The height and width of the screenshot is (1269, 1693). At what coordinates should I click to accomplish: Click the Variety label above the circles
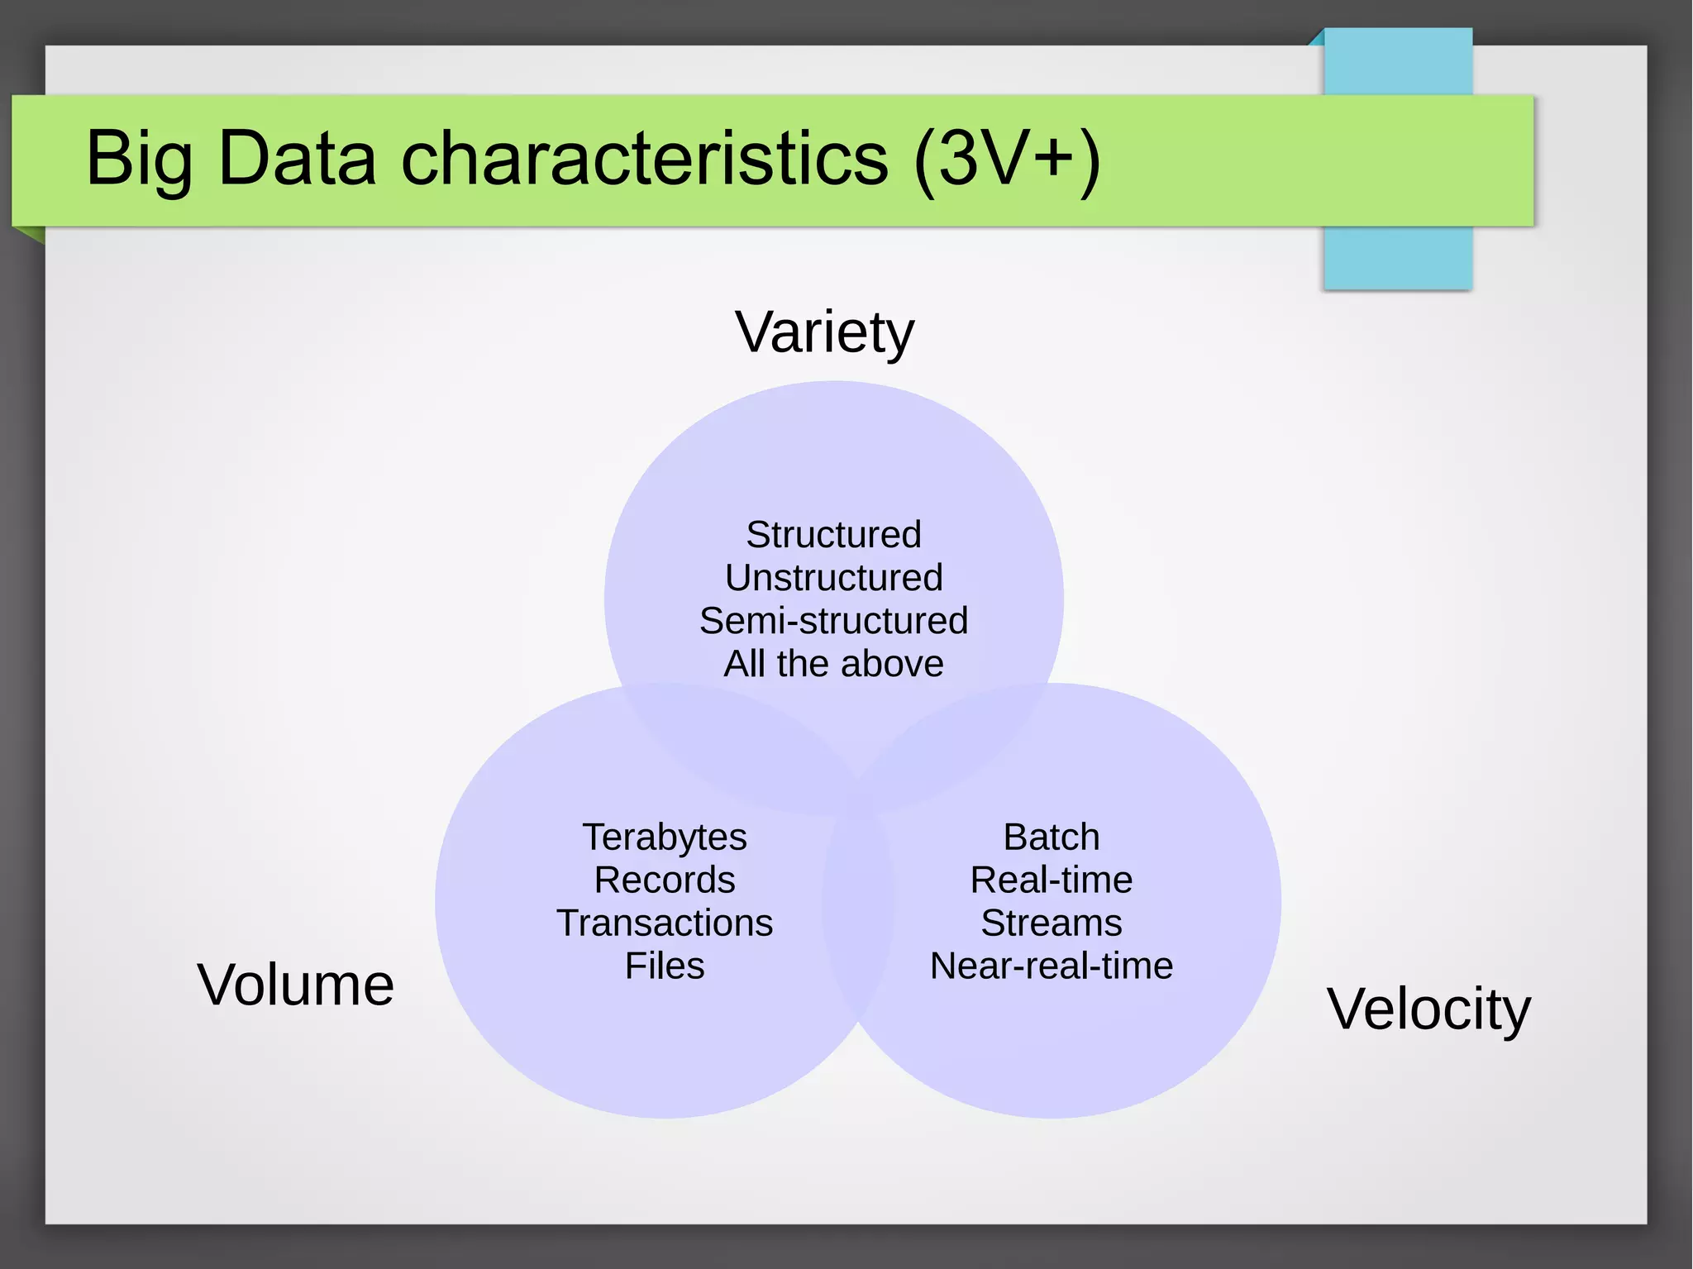pyautogui.click(x=824, y=332)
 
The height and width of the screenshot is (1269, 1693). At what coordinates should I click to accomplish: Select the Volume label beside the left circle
pyautogui.click(x=295, y=985)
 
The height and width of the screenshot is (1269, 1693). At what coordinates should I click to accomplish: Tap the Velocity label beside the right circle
pyautogui.click(x=1428, y=1009)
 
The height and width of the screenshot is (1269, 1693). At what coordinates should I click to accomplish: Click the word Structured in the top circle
pyautogui.click(x=833, y=534)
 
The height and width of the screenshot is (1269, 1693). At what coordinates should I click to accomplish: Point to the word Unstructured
pyautogui.click(x=833, y=577)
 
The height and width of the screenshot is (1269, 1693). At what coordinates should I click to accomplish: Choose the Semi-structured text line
pyautogui.click(x=833, y=620)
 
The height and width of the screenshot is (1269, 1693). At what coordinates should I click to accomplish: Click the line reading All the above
pyautogui.click(x=833, y=663)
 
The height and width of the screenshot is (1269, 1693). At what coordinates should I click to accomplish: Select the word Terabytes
pyautogui.click(x=665, y=837)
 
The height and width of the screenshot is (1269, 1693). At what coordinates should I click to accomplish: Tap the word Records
pyautogui.click(x=665, y=880)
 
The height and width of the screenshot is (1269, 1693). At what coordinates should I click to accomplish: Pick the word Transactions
pyautogui.click(x=665, y=923)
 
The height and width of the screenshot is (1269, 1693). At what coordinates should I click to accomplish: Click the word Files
pyautogui.click(x=665, y=966)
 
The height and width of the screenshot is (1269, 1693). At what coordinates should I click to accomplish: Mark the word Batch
pyautogui.click(x=1052, y=837)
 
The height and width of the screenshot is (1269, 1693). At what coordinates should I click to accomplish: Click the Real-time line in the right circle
pyautogui.click(x=1052, y=880)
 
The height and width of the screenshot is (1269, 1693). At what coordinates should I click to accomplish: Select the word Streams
pyautogui.click(x=1052, y=923)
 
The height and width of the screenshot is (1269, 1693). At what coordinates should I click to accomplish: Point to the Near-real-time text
pyautogui.click(x=1052, y=966)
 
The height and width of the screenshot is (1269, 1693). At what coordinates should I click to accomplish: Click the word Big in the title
pyautogui.click(x=139, y=159)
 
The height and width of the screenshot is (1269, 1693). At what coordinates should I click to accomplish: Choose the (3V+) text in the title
pyautogui.click(x=1007, y=159)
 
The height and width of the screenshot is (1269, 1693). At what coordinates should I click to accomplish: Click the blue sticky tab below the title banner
pyautogui.click(x=1397, y=258)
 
